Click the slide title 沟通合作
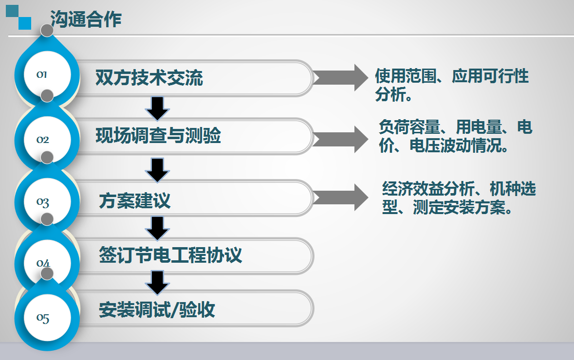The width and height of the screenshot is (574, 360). (x=86, y=19)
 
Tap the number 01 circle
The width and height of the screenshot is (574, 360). (x=47, y=74)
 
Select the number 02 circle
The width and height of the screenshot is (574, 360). (x=47, y=140)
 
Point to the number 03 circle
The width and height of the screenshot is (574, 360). (x=47, y=201)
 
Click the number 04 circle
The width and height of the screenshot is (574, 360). (x=47, y=263)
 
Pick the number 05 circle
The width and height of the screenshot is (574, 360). (x=47, y=318)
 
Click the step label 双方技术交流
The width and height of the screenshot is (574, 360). (x=149, y=77)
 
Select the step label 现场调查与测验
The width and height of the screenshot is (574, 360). (x=158, y=135)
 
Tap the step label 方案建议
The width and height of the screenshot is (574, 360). (x=135, y=200)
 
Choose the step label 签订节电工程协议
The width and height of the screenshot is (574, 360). (x=170, y=255)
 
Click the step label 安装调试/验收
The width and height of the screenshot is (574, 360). (x=157, y=309)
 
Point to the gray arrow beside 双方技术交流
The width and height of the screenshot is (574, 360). (x=340, y=77)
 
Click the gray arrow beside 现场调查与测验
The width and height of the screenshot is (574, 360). (x=340, y=140)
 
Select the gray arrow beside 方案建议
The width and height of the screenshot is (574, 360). (x=340, y=197)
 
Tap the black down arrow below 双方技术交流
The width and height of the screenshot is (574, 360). (x=157, y=108)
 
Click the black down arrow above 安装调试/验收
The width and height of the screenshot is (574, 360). (x=157, y=283)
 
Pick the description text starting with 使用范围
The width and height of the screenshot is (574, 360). (x=452, y=85)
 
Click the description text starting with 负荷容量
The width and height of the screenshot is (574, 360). (x=455, y=136)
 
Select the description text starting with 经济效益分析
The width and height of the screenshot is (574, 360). (x=459, y=198)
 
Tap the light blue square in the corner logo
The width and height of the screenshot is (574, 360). (x=25, y=23)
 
